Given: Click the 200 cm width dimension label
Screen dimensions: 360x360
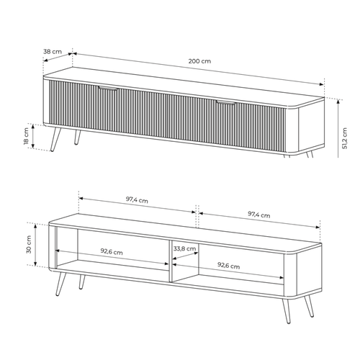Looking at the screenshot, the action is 199,61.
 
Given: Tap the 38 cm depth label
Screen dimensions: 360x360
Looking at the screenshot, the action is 53,51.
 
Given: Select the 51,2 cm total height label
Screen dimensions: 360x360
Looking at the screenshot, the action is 345,138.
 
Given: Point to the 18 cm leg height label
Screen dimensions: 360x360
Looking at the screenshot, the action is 26,136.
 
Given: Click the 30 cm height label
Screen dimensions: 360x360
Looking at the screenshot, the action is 29,244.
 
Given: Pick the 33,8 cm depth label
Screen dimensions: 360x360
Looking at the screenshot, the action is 184,248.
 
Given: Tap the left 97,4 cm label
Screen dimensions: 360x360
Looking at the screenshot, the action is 137,199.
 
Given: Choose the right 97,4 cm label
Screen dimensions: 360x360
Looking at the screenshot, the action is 258,215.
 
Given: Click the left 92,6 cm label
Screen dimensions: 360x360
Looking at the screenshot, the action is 112,251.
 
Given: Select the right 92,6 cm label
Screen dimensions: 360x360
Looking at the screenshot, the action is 228,266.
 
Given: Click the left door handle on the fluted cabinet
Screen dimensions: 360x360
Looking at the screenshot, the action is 108,88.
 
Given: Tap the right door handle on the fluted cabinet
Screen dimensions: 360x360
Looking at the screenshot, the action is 225,103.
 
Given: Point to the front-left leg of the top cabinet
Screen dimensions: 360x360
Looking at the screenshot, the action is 55,139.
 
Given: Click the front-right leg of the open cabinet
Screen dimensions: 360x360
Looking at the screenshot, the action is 286,310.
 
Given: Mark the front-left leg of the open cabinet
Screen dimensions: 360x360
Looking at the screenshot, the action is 60,284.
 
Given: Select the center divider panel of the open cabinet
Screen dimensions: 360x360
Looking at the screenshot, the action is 171,261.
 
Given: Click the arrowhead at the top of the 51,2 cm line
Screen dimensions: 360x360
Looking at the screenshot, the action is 338,102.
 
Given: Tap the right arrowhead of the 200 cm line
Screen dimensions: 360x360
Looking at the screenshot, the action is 321,84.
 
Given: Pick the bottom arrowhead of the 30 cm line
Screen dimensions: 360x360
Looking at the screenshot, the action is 35,264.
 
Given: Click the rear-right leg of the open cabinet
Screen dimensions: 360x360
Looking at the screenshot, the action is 309,306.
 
